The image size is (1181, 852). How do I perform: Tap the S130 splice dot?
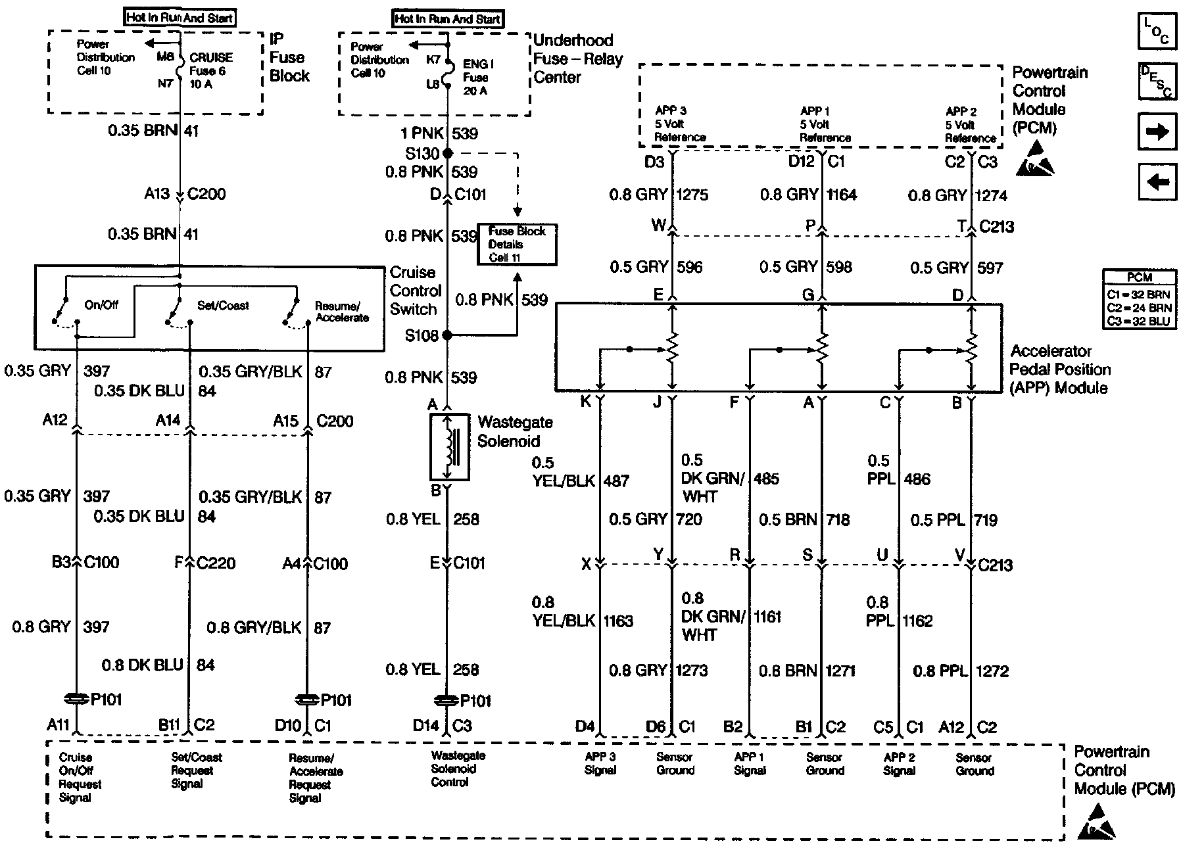tap(448, 153)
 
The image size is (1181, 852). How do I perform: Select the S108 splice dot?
tap(448, 335)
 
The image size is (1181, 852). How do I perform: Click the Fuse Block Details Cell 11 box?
tap(517, 244)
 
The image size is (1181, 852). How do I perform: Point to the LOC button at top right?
tap(1157, 32)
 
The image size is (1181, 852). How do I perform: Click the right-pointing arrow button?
tap(1157, 131)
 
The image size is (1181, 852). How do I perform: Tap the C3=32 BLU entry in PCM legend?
tap(1139, 321)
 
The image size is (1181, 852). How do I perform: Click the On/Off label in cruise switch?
tap(101, 305)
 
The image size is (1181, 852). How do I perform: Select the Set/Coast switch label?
tap(223, 306)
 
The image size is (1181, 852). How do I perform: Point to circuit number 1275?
tap(692, 195)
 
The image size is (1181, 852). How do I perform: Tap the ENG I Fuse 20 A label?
tap(478, 78)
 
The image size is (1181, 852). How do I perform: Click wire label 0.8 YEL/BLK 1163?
tap(583, 612)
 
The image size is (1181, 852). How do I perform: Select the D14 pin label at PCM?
tap(425, 726)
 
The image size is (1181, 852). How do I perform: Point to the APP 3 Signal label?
tap(600, 763)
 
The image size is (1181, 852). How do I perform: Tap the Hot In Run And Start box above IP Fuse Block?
tap(180, 18)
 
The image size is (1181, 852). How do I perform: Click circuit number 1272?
tap(992, 671)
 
